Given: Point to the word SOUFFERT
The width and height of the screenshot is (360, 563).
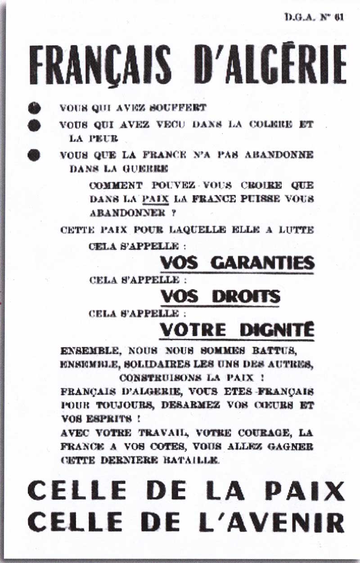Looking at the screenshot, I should click(x=182, y=108).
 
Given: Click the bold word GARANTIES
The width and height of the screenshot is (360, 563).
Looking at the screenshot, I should click(x=263, y=262).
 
